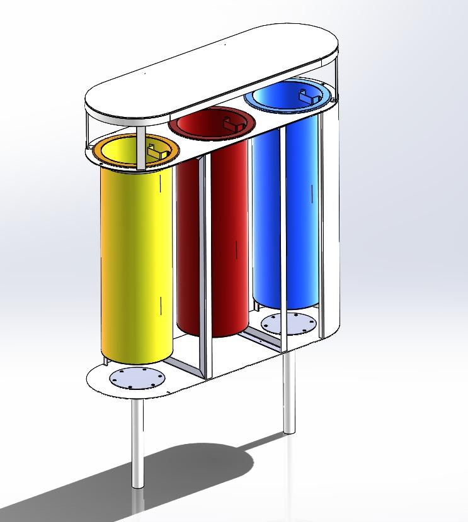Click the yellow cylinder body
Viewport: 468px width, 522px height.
point(135,264)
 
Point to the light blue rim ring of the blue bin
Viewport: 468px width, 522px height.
point(258,104)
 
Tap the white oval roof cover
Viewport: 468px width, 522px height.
point(208,69)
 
